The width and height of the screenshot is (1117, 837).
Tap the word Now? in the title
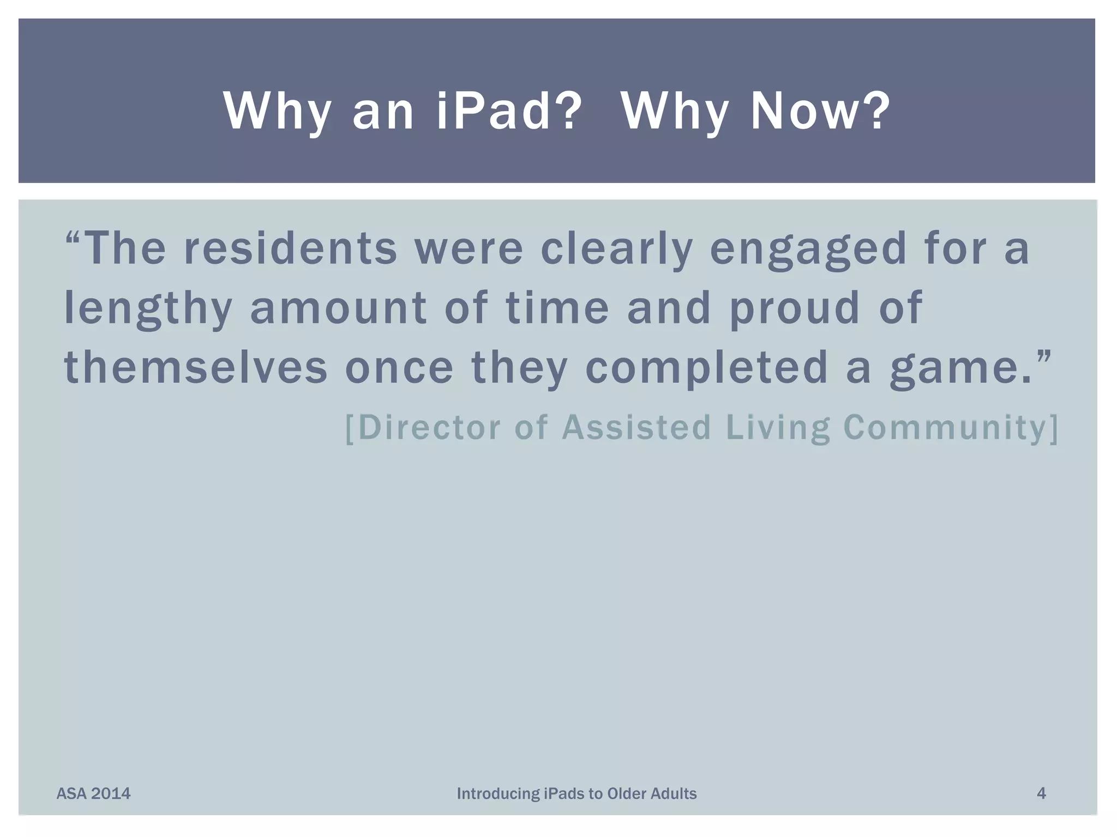coord(820,111)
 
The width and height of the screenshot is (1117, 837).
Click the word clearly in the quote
coord(616,248)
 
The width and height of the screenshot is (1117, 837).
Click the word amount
coord(338,308)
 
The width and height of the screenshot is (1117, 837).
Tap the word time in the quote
coord(557,308)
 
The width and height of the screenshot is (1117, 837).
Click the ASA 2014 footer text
coord(93,793)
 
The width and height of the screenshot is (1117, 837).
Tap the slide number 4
coord(1041,793)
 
